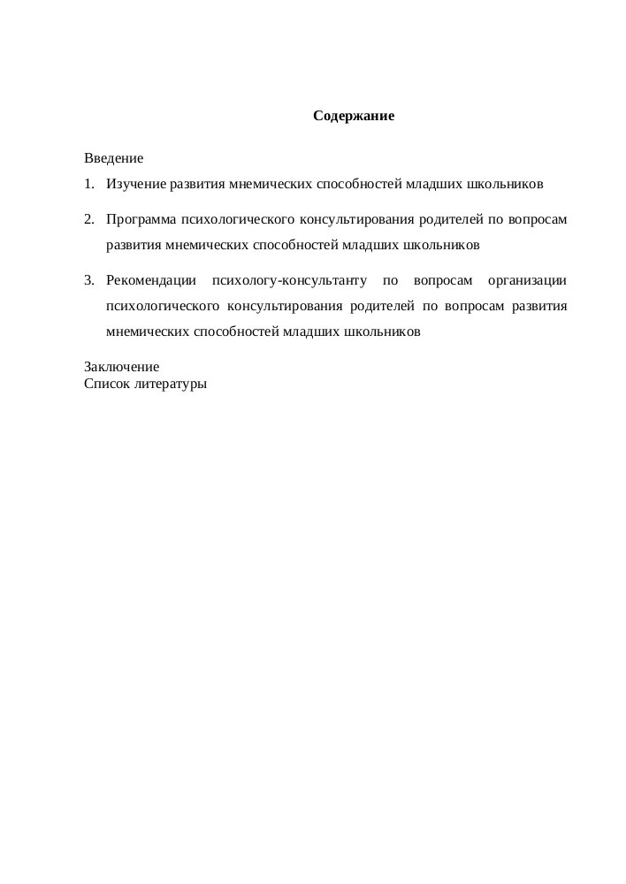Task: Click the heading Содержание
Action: (353, 116)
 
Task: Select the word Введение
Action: (113, 159)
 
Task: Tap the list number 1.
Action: (88, 185)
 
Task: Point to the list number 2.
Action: (88, 218)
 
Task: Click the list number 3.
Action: (88, 281)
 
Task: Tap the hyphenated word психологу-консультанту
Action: (289, 281)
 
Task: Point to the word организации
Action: (528, 281)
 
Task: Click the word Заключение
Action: (121, 367)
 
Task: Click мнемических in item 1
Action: (270, 185)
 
